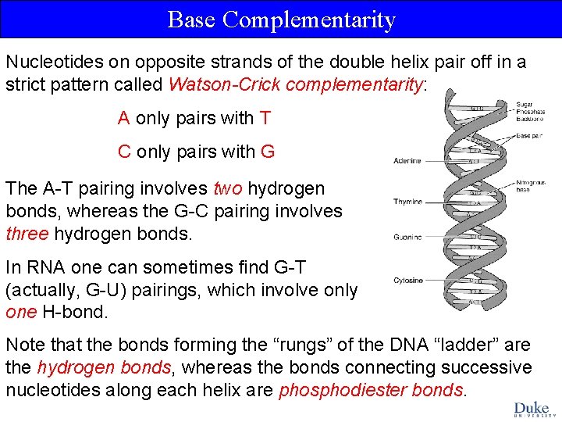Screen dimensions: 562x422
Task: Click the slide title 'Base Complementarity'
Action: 281,20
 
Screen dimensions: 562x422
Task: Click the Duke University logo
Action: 532,409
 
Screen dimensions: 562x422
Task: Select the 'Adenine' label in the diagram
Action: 407,161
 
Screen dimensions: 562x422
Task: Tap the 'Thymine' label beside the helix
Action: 407,202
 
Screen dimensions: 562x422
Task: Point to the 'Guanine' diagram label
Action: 407,237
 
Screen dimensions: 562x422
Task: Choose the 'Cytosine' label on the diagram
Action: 408,280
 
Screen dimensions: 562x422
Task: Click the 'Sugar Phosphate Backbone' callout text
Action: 530,112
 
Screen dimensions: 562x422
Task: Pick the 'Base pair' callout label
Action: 531,135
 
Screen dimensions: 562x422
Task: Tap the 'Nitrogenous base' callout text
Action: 531,187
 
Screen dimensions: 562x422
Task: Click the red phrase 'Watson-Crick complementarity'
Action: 295,84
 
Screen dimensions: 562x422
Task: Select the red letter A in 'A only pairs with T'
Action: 123,119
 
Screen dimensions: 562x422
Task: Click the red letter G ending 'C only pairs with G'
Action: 268,152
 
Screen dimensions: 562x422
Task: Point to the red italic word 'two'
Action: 227,188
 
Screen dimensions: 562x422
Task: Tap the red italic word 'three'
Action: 27,234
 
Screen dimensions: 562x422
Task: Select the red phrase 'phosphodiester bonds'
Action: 370,390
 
